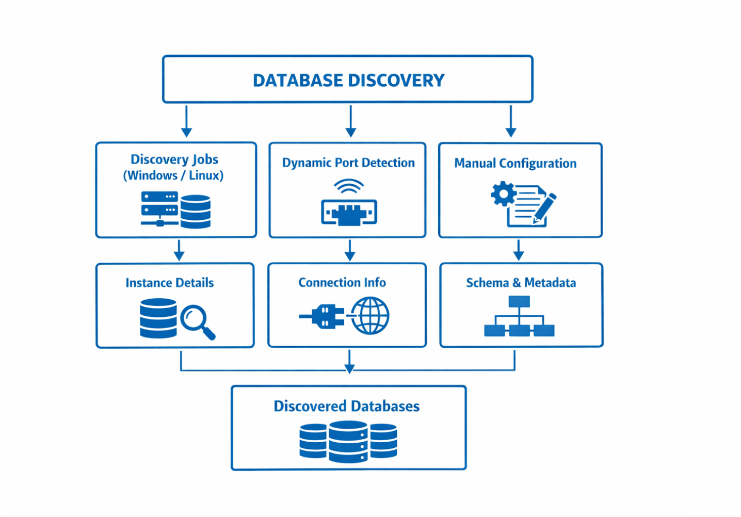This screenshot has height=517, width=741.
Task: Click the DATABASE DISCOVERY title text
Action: [348, 80]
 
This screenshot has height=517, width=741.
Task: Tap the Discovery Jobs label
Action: [174, 159]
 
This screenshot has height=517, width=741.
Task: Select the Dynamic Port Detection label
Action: [348, 163]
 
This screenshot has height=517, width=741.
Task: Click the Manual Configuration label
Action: [515, 164]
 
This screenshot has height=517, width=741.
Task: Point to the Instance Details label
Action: [170, 283]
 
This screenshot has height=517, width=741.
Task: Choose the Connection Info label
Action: [342, 282]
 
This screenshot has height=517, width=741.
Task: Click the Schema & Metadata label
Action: [521, 283]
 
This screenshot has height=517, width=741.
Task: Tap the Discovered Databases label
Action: [346, 406]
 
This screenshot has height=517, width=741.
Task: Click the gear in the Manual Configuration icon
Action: [503, 193]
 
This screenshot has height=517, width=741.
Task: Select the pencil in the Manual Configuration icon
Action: [544, 208]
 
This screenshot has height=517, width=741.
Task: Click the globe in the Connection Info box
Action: [370, 316]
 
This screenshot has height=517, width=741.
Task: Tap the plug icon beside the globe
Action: [322, 316]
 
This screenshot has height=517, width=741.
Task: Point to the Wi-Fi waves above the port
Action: [349, 186]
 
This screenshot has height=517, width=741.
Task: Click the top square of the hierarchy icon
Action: [519, 302]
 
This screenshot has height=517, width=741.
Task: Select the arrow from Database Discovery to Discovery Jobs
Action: [187, 121]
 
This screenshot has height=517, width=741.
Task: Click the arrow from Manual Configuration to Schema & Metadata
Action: [519, 250]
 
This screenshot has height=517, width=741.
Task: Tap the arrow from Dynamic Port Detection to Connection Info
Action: [350, 250]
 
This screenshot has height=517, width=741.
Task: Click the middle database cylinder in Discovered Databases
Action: [348, 442]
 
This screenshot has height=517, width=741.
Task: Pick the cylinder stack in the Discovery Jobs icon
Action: [195, 212]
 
